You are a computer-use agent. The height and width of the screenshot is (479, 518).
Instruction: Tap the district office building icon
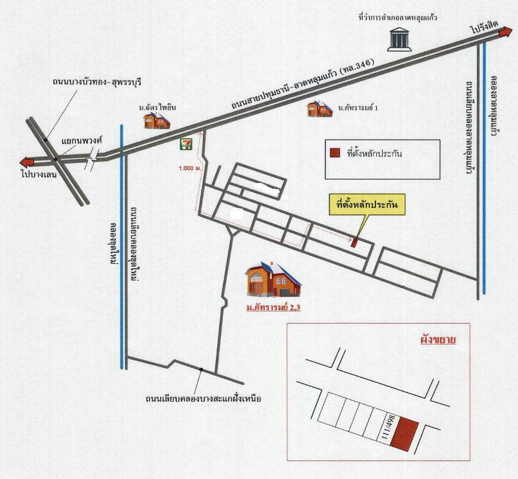[x=399, y=40]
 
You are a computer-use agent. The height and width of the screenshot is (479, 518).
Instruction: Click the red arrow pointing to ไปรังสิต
[x=505, y=33]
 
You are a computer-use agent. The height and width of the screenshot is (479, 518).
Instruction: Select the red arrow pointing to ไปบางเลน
[x=26, y=162]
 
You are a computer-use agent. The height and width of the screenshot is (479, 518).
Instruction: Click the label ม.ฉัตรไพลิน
[x=157, y=107]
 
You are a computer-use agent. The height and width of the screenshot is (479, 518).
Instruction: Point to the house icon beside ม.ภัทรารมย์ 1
[x=319, y=109]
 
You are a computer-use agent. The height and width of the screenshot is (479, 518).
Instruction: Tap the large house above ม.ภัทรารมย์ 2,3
[x=273, y=280]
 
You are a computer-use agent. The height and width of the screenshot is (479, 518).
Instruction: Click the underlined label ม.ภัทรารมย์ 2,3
[x=273, y=308]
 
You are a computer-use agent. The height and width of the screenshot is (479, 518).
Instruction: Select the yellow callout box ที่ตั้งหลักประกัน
[x=367, y=205]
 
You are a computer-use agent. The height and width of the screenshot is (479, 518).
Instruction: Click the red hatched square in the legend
[x=335, y=153]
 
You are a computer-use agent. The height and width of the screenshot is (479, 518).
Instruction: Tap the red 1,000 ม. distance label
[x=190, y=168]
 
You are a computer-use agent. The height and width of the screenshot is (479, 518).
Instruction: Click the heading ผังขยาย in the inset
[x=438, y=340]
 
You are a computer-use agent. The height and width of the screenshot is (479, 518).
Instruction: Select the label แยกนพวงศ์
[x=82, y=140]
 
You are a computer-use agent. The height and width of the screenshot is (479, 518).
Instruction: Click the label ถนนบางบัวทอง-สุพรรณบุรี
[x=97, y=81]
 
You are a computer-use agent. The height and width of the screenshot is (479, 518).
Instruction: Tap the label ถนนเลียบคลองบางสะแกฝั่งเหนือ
[x=203, y=399]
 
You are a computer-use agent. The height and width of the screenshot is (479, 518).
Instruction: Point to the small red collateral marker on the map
[x=355, y=243]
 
